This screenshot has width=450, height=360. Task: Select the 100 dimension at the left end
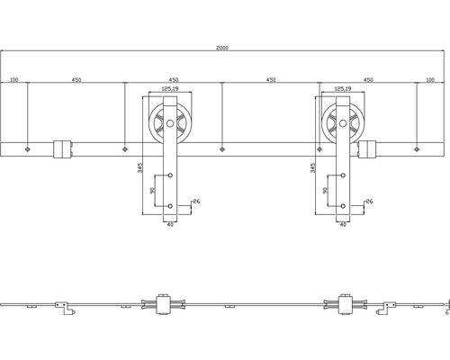click(14, 80)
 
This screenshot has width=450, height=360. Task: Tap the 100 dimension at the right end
click(429, 80)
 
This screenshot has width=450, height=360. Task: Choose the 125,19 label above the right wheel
click(342, 89)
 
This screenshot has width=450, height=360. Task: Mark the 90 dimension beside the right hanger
click(325, 191)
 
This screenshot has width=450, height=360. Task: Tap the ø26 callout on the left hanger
click(195, 202)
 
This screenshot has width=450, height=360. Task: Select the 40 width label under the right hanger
click(343, 223)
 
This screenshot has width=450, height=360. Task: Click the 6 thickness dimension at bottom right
click(445, 314)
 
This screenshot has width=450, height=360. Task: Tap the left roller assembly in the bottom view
click(165, 306)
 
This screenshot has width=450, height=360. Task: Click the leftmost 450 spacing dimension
click(76, 80)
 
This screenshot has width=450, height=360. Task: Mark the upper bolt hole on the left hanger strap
click(168, 175)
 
